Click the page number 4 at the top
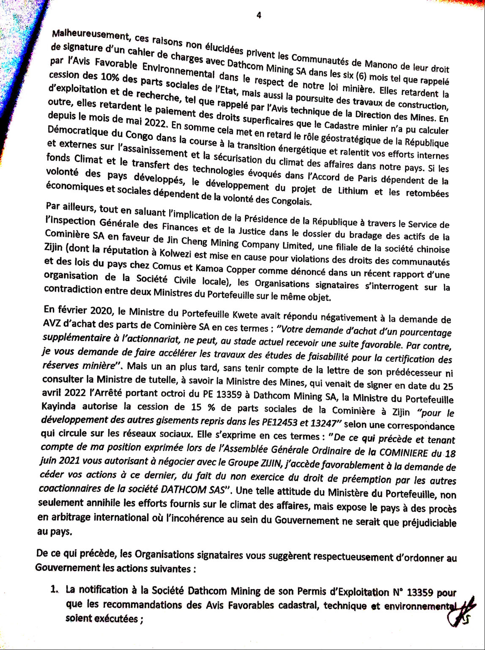(x=259, y=15)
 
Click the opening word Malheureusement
(x=81, y=34)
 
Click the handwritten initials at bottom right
(x=460, y=613)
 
